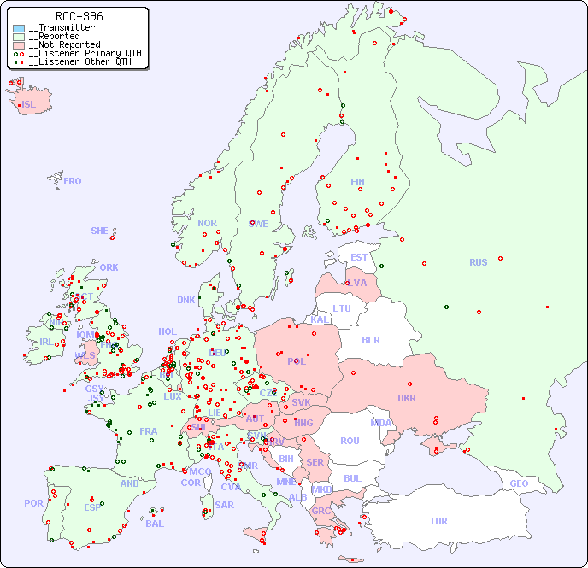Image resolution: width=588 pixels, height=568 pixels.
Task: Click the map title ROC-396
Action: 79,16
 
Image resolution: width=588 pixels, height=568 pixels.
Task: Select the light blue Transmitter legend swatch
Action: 19,28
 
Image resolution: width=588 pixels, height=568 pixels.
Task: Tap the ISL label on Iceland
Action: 28,105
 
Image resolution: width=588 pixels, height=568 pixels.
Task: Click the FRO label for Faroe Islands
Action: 73,181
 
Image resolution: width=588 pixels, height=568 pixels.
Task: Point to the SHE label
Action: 99,231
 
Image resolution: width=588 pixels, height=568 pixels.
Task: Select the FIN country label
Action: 357,182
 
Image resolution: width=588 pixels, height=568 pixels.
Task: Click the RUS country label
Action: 478,262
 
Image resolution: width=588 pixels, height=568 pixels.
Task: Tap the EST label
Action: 359,257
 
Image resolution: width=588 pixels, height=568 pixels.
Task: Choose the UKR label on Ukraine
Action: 406,398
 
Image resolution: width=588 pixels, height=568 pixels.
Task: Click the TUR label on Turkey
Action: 438,521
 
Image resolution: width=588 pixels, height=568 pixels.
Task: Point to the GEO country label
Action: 519,483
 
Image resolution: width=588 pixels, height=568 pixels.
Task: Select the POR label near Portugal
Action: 33,503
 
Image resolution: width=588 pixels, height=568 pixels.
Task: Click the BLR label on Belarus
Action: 370,339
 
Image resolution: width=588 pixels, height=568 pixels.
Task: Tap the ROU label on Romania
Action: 350,441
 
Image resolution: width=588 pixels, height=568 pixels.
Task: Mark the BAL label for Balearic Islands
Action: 154,524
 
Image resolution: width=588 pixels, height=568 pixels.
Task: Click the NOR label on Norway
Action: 207,223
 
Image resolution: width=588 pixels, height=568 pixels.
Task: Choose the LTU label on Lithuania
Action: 342,308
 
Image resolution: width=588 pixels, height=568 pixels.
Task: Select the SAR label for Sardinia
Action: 224,505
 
